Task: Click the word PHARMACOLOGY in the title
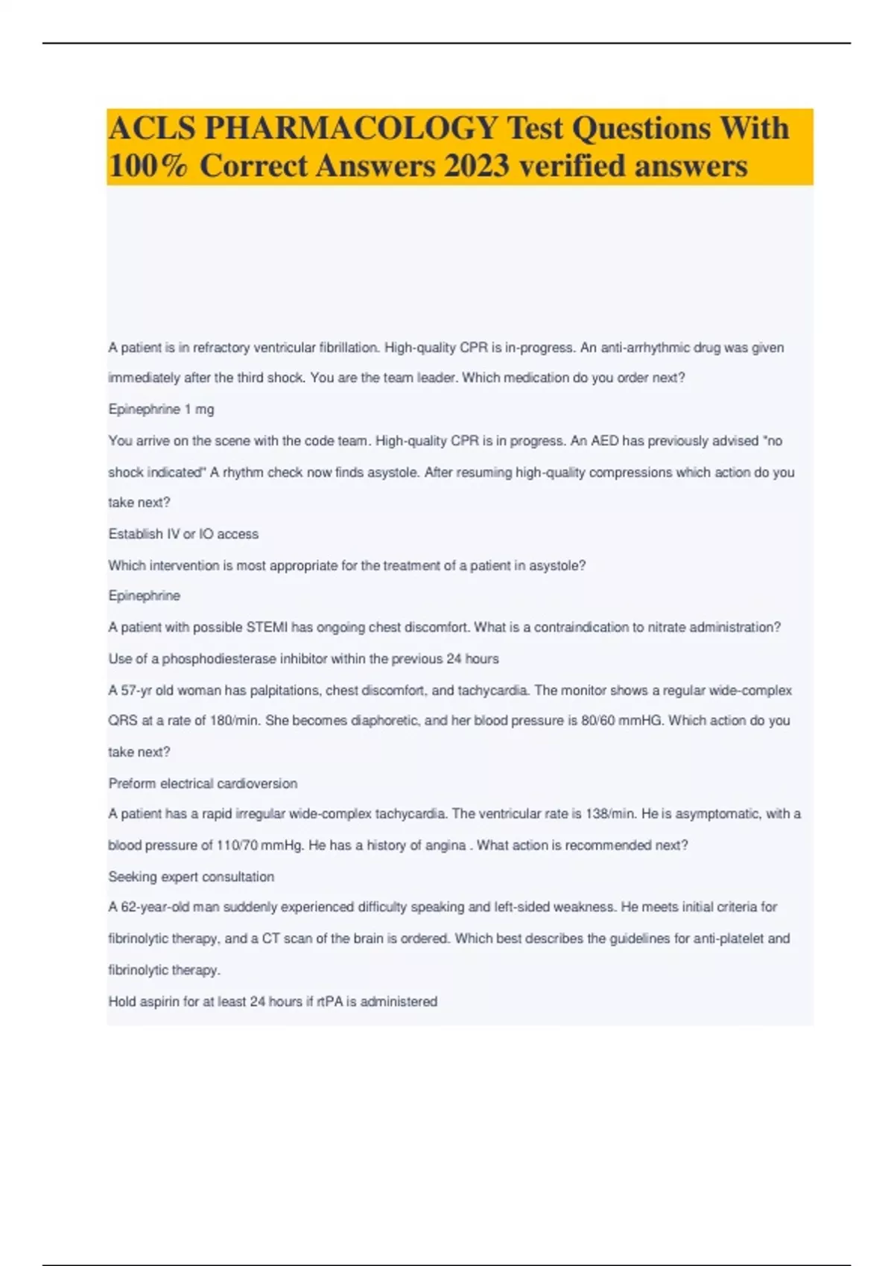351,129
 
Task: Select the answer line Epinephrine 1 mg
161,410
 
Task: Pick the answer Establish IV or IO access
183,534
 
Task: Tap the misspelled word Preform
131,783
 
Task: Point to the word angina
446,845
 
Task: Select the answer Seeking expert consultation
191,877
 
